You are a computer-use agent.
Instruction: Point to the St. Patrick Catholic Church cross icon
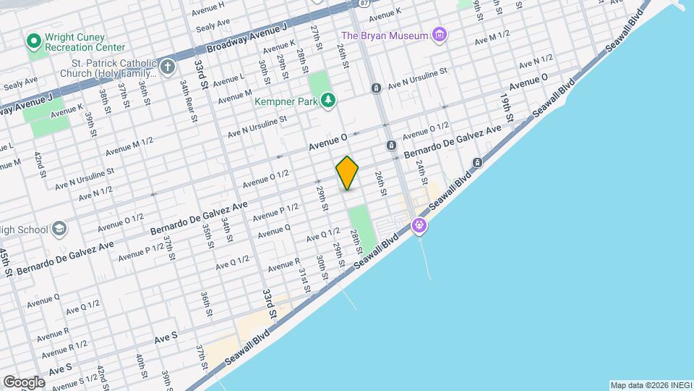(168, 68)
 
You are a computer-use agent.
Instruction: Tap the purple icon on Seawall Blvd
(419, 226)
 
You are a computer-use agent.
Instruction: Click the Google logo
(24, 382)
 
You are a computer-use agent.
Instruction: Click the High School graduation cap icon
(59, 229)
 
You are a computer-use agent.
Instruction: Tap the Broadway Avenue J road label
(247, 38)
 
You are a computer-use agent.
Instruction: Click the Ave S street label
(166, 337)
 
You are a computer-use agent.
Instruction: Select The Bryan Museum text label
(383, 35)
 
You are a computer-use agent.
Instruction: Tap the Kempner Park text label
(286, 101)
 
